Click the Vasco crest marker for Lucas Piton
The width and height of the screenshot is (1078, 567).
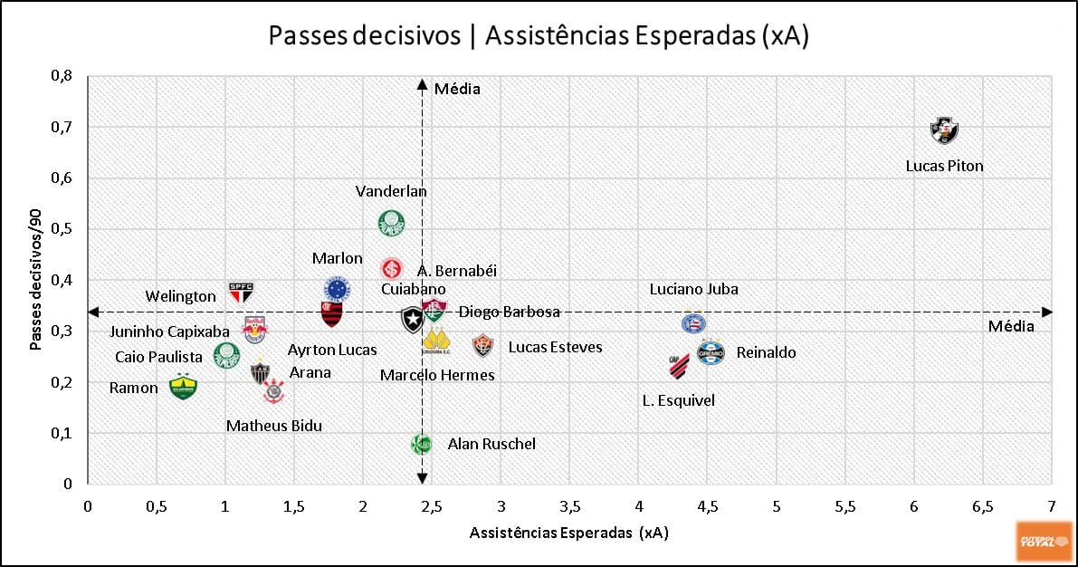pyautogui.click(x=945, y=131)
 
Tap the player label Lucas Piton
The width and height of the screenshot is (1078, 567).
pyautogui.click(x=944, y=166)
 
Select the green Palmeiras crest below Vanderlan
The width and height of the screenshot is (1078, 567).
pyautogui.click(x=391, y=222)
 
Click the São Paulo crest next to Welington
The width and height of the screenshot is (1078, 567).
pyautogui.click(x=241, y=292)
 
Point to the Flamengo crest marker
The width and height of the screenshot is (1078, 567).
pyautogui.click(x=331, y=313)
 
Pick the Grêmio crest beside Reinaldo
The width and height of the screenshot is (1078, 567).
pyautogui.click(x=711, y=352)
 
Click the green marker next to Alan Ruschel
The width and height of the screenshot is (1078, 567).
pyautogui.click(x=421, y=444)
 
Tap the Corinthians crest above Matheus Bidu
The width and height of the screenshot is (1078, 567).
pyautogui.click(x=273, y=391)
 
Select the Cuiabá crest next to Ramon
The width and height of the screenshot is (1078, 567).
pyautogui.click(x=183, y=387)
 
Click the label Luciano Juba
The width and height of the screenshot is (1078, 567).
pyautogui.click(x=694, y=290)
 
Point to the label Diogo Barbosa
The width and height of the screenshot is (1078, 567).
pyautogui.click(x=509, y=312)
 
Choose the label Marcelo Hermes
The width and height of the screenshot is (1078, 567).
pyautogui.click(x=437, y=375)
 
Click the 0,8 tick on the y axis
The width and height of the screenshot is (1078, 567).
pyautogui.click(x=62, y=76)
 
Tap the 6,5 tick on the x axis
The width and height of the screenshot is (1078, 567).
pyautogui.click(x=982, y=506)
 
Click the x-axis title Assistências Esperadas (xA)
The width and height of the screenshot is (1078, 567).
pyautogui.click(x=568, y=533)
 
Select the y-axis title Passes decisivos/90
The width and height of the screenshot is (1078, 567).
pyautogui.click(x=36, y=281)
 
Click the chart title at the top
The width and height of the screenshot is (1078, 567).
pyautogui.click(x=539, y=35)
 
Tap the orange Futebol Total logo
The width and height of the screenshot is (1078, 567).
pyautogui.click(x=1044, y=541)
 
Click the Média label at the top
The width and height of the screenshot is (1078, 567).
pyautogui.click(x=457, y=89)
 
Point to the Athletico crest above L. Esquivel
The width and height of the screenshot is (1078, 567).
pyautogui.click(x=679, y=366)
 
